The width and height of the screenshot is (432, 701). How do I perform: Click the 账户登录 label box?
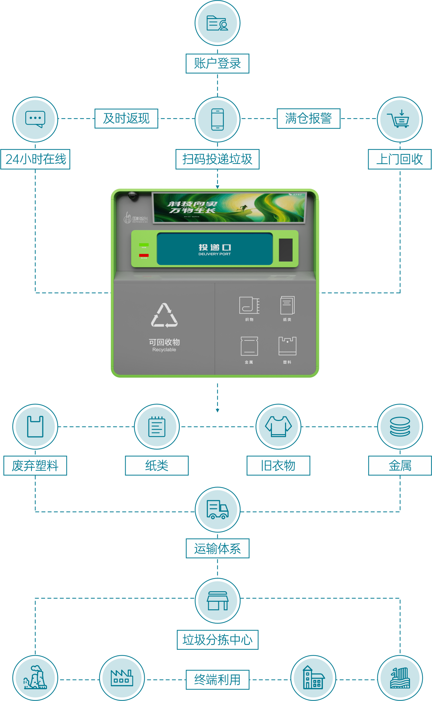(217, 63)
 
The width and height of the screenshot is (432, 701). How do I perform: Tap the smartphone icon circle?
(217, 119)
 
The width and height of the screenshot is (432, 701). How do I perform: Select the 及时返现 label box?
(126, 118)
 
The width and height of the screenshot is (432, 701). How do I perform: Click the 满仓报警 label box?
(308, 118)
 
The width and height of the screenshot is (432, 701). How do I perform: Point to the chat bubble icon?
(35, 119)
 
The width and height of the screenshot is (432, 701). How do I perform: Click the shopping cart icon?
(400, 119)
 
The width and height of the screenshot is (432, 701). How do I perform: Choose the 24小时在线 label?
(36, 159)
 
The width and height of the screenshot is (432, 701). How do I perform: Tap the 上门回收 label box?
(399, 159)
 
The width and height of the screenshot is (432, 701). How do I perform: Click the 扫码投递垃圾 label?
(217, 159)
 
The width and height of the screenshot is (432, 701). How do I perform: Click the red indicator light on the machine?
(144, 255)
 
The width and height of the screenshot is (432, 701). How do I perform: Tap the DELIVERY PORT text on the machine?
(214, 254)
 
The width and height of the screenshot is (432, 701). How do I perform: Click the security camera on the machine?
(133, 196)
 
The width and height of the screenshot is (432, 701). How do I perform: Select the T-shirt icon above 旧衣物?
(278, 426)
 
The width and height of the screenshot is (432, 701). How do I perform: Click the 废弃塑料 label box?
(35, 465)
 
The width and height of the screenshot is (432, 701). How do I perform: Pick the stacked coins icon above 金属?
(400, 426)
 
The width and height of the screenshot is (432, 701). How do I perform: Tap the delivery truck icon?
(217, 509)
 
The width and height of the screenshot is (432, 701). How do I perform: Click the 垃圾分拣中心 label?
(217, 640)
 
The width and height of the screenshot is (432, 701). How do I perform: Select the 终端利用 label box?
(217, 679)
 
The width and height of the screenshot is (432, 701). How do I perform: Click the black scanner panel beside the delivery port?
(286, 250)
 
